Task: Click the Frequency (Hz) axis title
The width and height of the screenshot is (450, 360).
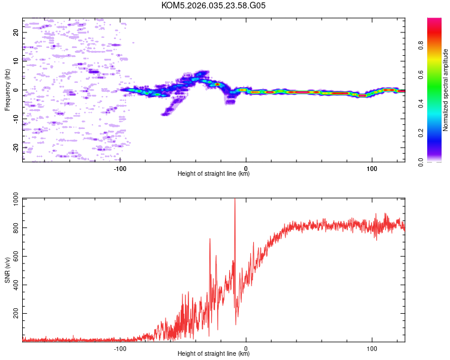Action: pos(7,90)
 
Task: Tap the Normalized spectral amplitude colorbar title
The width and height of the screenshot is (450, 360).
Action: pos(446,90)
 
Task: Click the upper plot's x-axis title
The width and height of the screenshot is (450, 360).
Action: pos(214,173)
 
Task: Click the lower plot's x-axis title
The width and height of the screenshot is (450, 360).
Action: pos(214,353)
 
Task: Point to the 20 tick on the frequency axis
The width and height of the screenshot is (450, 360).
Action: pos(16,32)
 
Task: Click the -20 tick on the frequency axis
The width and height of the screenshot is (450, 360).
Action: pos(16,147)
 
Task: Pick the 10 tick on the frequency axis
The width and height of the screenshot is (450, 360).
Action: pos(16,61)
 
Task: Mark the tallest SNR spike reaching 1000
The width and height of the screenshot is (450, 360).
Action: pos(235,202)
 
